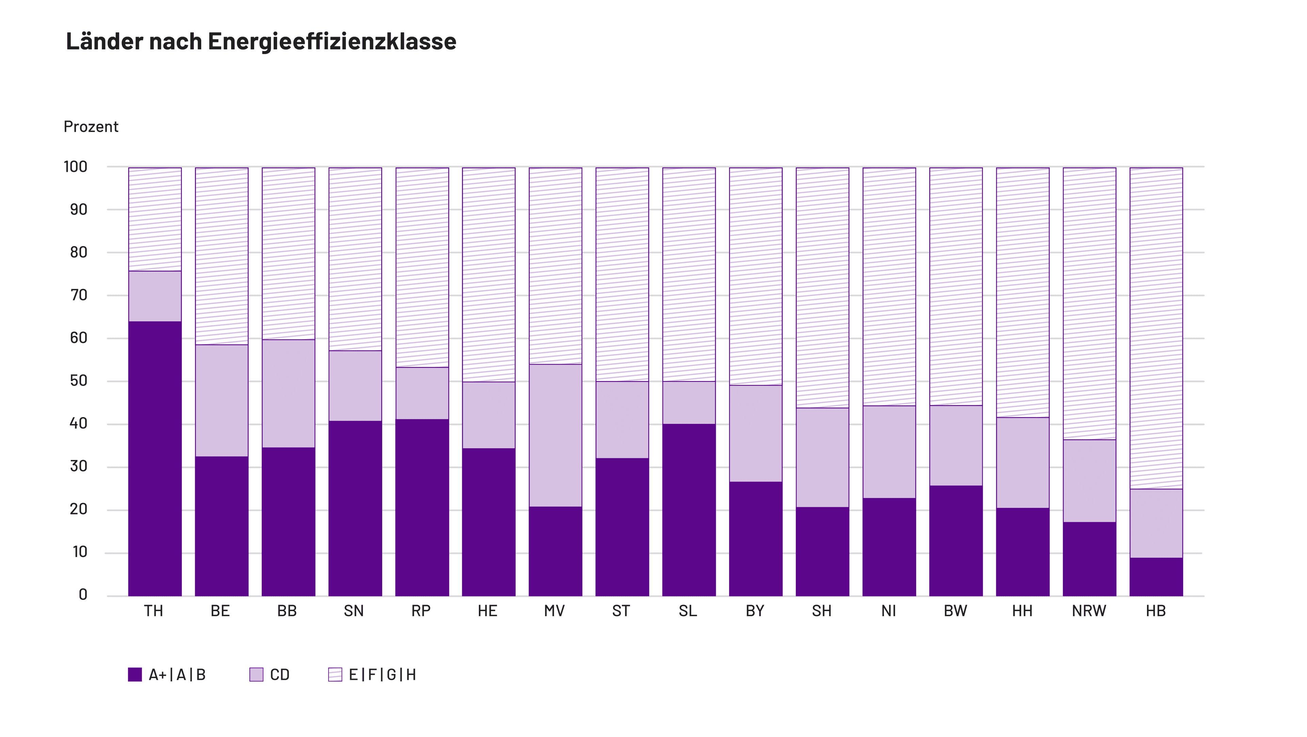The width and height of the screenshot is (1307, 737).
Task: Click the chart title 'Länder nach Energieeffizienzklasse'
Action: pyautogui.click(x=261, y=41)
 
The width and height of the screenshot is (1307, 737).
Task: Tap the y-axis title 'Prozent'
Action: pyautogui.click(x=91, y=127)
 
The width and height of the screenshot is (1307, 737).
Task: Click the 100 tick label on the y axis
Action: pyautogui.click(x=76, y=166)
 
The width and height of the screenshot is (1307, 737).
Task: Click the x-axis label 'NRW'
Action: pyautogui.click(x=1089, y=611)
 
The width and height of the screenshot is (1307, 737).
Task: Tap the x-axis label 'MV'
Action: pyautogui.click(x=554, y=611)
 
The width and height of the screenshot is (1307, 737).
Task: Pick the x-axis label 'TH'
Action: pyautogui.click(x=154, y=611)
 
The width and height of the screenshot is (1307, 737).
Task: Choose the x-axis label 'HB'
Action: pyautogui.click(x=1156, y=611)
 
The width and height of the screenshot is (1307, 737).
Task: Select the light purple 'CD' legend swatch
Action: pyautogui.click(x=256, y=675)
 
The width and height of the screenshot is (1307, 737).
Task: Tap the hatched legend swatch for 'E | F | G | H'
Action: pyautogui.click(x=335, y=675)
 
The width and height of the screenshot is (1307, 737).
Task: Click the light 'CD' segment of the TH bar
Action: pyautogui.click(x=155, y=296)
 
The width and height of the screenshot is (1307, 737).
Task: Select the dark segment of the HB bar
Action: pyautogui.click(x=1156, y=577)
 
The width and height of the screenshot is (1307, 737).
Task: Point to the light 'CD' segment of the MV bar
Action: pyautogui.click(x=555, y=435)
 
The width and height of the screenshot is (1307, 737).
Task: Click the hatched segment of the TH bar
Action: pyautogui.click(x=155, y=219)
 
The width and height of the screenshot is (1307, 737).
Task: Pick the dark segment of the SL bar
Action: pyautogui.click(x=689, y=510)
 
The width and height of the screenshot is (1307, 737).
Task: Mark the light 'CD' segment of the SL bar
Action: pyautogui.click(x=689, y=403)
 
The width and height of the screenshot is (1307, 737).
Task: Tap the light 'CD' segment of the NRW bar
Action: pyautogui.click(x=1089, y=481)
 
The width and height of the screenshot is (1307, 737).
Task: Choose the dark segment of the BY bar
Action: pyautogui.click(x=756, y=539)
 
